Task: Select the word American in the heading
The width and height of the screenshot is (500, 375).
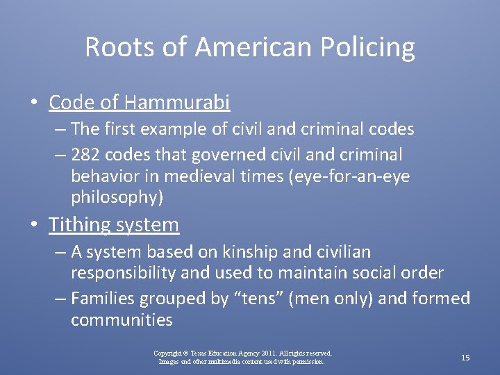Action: [250, 47]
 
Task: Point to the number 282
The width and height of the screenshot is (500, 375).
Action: [86, 153]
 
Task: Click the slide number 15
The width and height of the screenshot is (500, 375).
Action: [465, 358]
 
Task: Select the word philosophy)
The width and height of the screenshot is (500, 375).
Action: [117, 197]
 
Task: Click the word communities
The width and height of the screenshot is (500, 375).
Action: [122, 320]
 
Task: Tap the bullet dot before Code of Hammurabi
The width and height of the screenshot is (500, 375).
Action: [34, 103]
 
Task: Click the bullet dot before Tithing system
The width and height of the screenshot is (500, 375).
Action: [34, 225]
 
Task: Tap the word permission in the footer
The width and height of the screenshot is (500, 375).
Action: [309, 361]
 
